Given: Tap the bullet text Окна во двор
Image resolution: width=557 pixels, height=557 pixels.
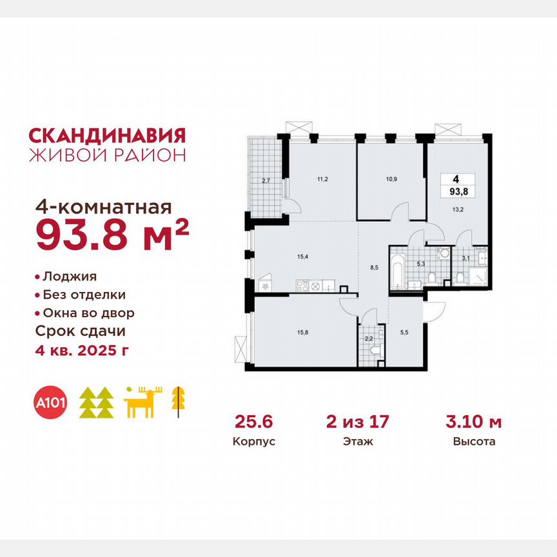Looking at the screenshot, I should tap(89, 313).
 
